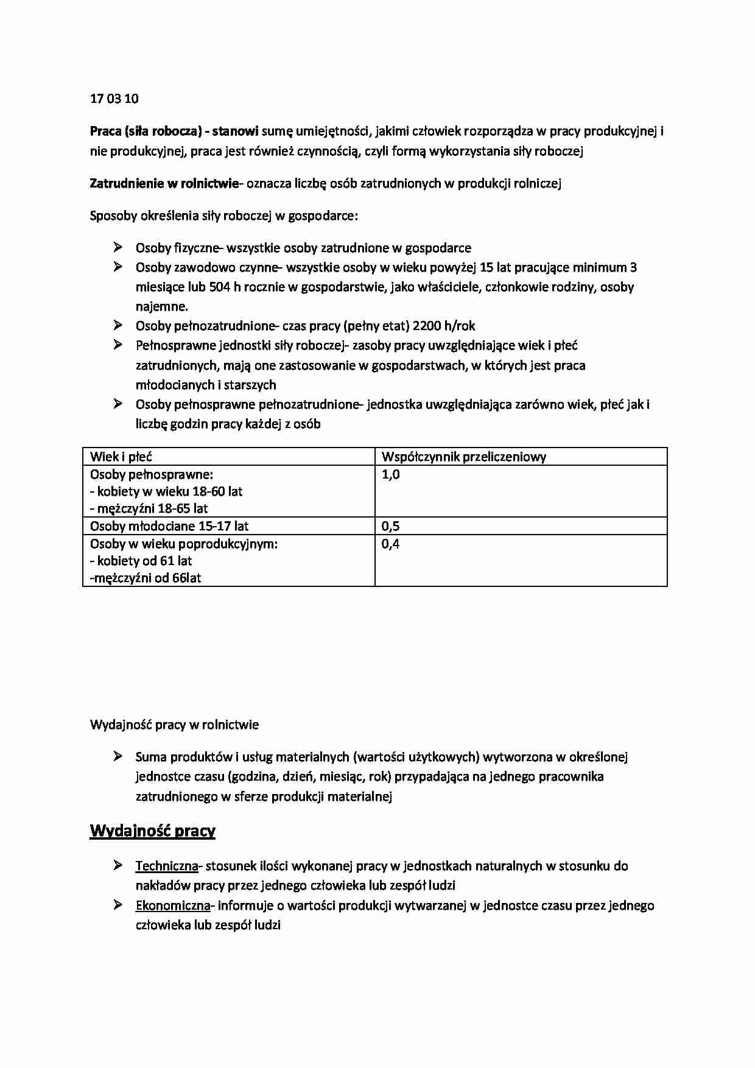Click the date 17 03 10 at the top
(114, 99)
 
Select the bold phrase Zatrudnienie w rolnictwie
(164, 183)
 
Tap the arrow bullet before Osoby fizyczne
(118, 247)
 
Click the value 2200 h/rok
(444, 326)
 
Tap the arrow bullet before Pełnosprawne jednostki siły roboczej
(118, 345)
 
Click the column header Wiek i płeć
(121, 457)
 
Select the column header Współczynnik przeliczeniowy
(463, 457)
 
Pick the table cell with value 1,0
(390, 474)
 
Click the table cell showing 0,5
(390, 526)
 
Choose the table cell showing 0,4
(390, 544)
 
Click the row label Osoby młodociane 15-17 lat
(169, 526)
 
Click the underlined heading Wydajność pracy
(152, 831)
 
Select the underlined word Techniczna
(167, 866)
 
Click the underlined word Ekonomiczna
(173, 905)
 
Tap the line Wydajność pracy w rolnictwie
(174, 725)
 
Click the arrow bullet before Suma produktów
(118, 757)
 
